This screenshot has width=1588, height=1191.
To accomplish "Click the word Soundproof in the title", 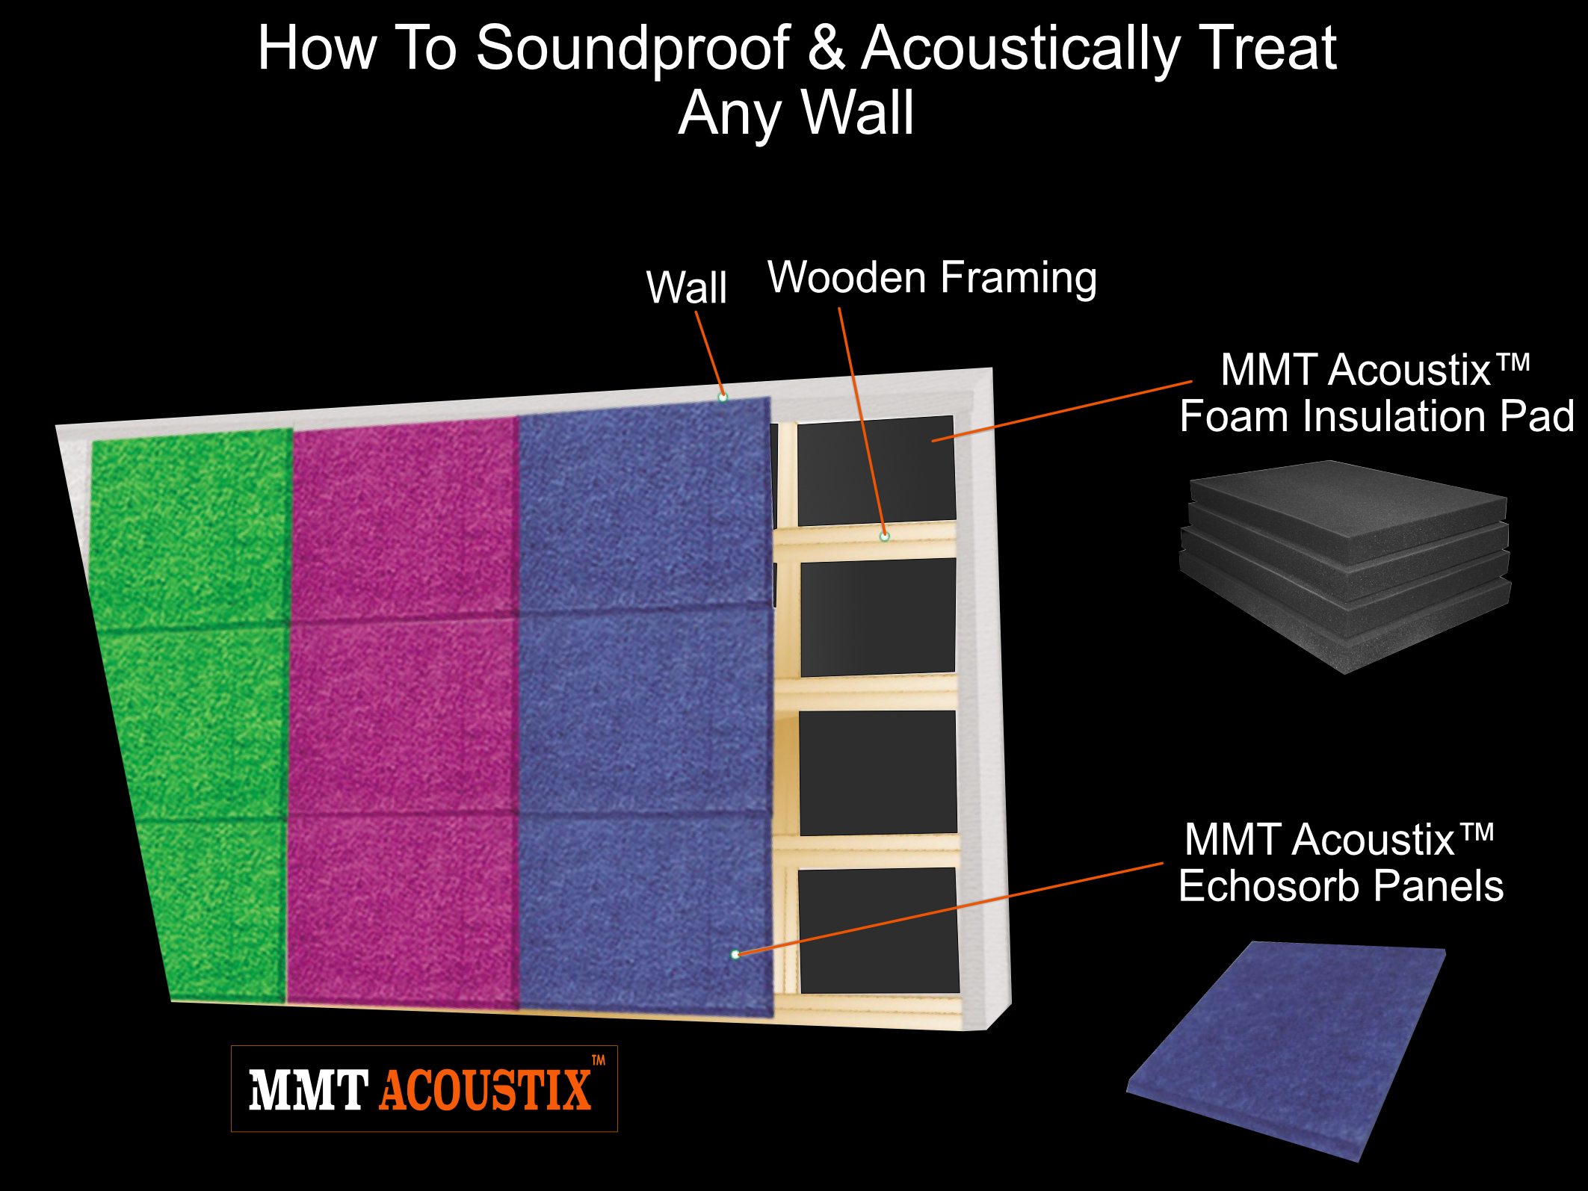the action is (633, 49).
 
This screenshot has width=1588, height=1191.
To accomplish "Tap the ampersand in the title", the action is (826, 48).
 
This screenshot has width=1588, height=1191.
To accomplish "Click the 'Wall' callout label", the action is (686, 287).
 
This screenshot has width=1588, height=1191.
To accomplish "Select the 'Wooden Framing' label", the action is (933, 278).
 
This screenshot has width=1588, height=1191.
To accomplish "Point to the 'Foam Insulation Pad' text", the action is (1377, 416).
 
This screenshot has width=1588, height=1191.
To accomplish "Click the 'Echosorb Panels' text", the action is (1341, 886).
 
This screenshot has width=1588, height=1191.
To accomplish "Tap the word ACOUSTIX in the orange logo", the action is (486, 1090).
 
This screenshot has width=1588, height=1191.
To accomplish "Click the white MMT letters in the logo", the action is (308, 1090).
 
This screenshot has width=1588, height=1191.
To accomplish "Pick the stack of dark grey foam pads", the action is (1344, 566).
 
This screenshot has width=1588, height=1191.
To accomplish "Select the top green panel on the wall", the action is (191, 530).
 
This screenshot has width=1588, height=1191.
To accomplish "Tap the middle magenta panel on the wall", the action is (402, 716).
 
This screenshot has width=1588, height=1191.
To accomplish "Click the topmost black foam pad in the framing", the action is (877, 471).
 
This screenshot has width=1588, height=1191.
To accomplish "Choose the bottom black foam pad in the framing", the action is (879, 931).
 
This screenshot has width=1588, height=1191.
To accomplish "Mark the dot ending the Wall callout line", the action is (723, 397).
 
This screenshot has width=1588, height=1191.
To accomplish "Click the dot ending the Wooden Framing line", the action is (884, 536).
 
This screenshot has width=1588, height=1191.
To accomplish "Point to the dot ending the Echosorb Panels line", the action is (735, 954).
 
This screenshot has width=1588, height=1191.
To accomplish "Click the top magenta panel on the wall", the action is (404, 519).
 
